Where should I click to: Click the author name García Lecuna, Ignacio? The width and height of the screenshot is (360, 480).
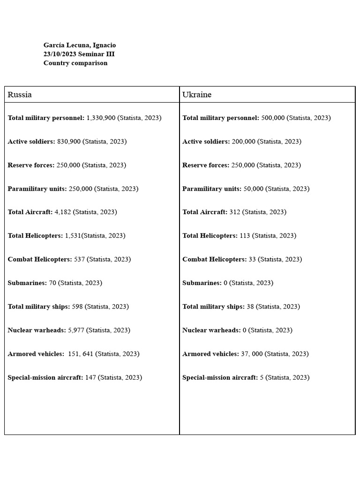[80, 45]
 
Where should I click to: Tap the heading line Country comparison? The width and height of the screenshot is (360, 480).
[75, 63]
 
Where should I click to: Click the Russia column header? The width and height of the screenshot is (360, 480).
[20, 95]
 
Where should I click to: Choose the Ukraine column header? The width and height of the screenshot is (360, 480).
[197, 95]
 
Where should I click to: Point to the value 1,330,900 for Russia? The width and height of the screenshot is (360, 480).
[101, 118]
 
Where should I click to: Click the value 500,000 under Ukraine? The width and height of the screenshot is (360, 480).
[273, 118]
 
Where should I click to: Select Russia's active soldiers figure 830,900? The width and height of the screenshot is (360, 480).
[69, 141]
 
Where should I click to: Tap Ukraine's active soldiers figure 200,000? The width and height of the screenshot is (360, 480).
[243, 141]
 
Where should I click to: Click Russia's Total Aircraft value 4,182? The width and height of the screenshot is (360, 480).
[63, 212]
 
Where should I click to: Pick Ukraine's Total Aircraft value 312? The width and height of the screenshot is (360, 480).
[235, 212]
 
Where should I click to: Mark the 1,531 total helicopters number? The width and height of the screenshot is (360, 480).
[73, 235]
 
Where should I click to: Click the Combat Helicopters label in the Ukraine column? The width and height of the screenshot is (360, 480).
[214, 259]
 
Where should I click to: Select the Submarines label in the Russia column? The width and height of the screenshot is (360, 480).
[27, 283]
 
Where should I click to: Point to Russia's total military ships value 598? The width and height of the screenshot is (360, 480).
[77, 307]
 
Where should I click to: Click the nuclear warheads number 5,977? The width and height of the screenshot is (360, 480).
[76, 330]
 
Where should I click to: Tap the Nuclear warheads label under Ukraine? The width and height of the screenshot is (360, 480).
[211, 330]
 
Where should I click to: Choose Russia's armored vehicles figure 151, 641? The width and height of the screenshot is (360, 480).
[81, 354]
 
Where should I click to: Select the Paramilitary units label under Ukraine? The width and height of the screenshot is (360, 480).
[212, 188]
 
